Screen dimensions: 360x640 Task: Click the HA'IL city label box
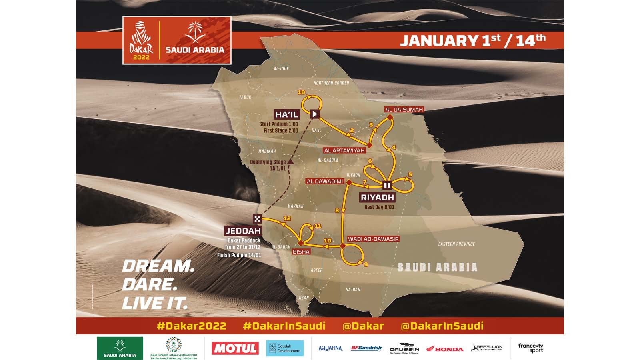[287, 115]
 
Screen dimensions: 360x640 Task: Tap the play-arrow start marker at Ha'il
[315, 114]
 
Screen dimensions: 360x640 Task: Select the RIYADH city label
[377, 197]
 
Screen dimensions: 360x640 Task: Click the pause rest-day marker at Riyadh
[387, 185]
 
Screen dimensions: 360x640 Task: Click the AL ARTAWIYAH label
[344, 150]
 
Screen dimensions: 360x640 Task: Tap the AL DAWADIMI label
[325, 181]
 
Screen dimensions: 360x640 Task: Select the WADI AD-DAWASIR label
[374, 239]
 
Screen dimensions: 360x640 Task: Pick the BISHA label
[302, 252]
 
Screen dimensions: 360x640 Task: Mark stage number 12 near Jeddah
[286, 218]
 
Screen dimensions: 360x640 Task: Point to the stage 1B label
[302, 92]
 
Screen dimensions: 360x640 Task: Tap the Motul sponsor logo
[235, 348]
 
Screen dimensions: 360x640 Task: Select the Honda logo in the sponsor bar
[445, 349]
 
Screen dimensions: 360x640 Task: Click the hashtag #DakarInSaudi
[284, 326]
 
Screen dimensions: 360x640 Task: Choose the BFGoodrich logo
[366, 348]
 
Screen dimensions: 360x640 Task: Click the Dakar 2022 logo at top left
[140, 40]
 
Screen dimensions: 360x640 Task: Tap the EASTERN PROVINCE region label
[456, 244]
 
